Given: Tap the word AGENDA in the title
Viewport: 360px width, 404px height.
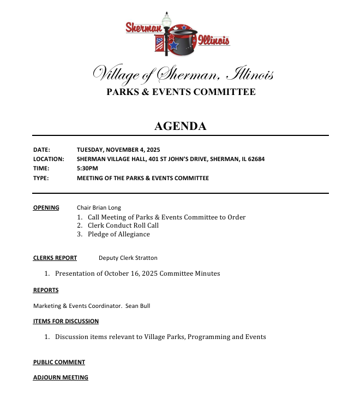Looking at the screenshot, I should (x=180, y=126).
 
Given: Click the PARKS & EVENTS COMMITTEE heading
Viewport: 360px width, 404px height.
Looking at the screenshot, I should (x=181, y=92).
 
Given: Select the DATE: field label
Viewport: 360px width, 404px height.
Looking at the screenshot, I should (x=41, y=149).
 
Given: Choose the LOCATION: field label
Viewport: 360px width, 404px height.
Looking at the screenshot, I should (x=49, y=159).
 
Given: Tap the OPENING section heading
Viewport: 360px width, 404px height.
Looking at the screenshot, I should (x=46, y=207).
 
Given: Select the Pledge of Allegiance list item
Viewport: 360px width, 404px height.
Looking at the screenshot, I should (x=118, y=234).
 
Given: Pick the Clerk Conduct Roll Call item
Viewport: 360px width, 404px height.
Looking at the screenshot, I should (x=123, y=225).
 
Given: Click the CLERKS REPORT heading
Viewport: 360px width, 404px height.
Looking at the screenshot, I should (x=55, y=258).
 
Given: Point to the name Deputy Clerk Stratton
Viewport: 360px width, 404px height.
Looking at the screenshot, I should (x=128, y=258).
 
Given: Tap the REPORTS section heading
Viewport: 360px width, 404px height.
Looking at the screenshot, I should (x=45, y=290).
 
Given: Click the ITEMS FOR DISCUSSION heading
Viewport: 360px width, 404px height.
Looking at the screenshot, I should (x=65, y=321).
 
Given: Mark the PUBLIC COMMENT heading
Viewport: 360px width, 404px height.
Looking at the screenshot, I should (x=59, y=362).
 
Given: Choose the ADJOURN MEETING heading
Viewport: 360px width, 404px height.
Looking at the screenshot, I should (x=60, y=377).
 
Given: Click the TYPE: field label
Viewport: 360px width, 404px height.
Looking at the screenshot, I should (x=40, y=178).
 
